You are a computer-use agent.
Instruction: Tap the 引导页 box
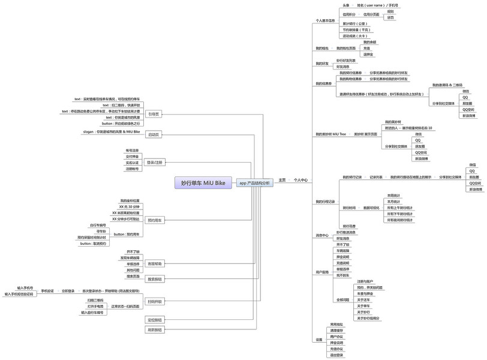[x=154, y=113]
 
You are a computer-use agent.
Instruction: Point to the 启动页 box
[x=154, y=134]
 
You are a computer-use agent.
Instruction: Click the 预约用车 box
[x=154, y=220]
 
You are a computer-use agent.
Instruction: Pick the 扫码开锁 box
[x=154, y=301]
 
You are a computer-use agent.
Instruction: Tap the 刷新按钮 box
[x=154, y=329]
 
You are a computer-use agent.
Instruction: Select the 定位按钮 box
[x=154, y=320]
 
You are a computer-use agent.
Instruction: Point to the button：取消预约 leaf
[x=93, y=244]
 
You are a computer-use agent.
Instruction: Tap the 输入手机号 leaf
[x=25, y=288]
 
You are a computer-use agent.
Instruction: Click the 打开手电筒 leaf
[x=95, y=306]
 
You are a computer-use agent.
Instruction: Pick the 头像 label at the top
[x=347, y=5]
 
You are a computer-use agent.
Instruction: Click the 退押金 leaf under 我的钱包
[x=369, y=54]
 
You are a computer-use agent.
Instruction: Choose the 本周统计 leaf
[x=395, y=196]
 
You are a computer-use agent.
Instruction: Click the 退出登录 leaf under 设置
[x=336, y=355]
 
